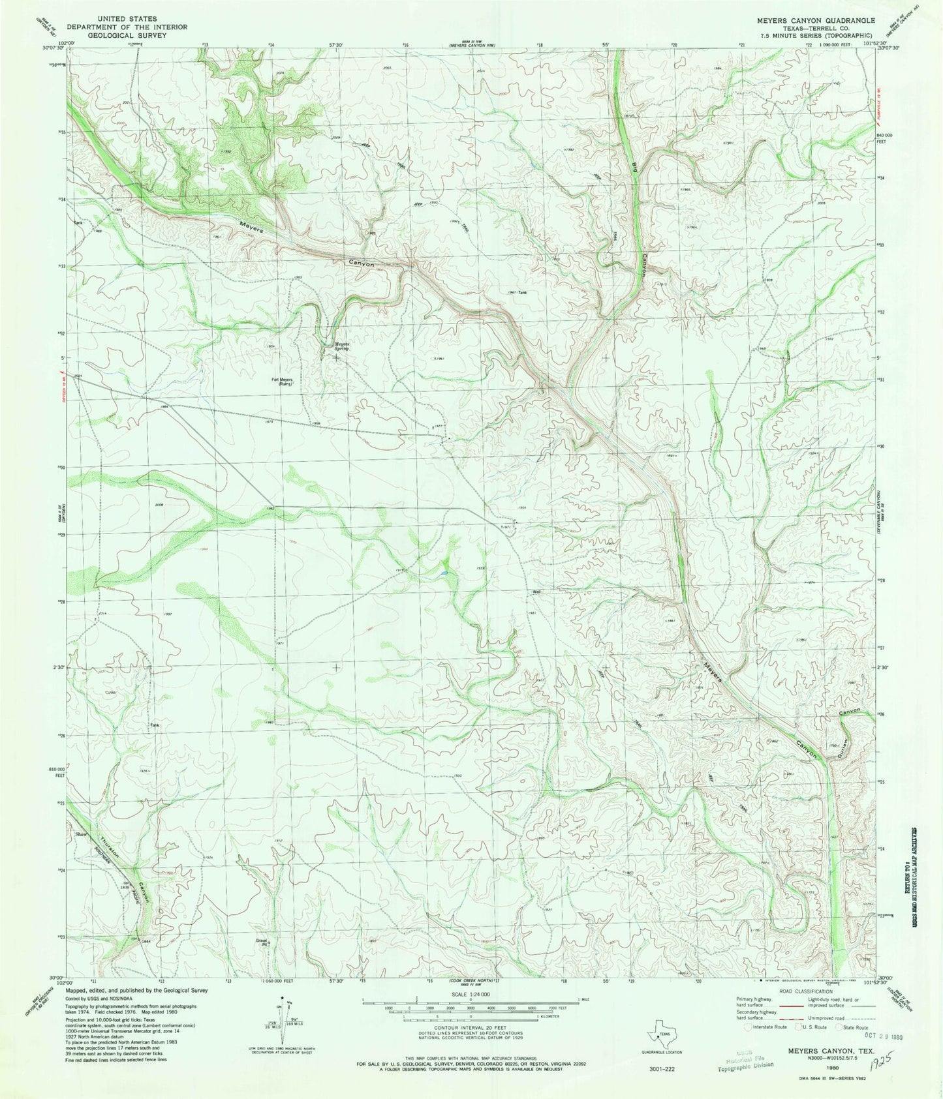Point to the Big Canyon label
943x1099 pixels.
(640, 215)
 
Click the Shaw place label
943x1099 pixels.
(82, 834)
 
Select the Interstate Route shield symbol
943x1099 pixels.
(749, 1027)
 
